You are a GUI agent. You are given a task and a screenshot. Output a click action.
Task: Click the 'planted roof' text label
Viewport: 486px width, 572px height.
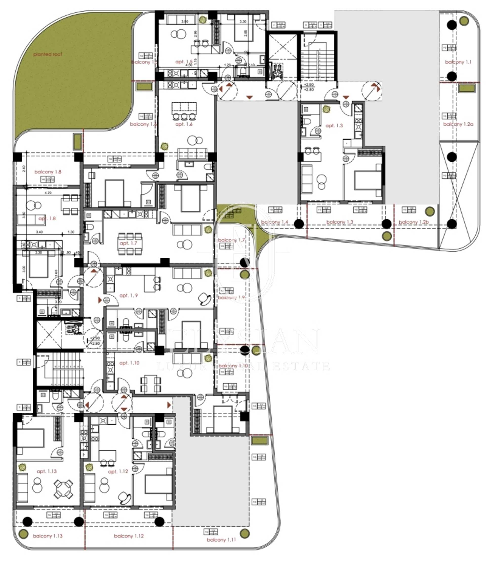pos(47,54)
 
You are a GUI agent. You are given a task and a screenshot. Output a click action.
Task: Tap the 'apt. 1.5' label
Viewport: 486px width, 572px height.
pos(184,62)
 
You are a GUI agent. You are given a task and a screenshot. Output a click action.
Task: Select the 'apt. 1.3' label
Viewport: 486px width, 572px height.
pos(334,125)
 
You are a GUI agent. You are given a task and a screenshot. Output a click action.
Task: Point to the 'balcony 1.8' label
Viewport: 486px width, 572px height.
pos(48,172)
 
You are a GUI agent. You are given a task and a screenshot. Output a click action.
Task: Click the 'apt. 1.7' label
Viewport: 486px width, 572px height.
pos(128,243)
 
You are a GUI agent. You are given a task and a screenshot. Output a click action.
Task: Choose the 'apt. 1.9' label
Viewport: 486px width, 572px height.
pos(128,295)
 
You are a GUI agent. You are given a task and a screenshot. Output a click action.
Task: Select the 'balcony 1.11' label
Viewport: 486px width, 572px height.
pos(221,540)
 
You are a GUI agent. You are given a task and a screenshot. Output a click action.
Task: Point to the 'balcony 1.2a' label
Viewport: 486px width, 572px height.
pos(458,124)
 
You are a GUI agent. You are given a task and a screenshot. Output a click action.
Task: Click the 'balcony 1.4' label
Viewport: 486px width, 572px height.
pos(274,222)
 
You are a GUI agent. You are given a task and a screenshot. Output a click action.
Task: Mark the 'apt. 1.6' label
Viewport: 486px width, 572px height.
pos(184,124)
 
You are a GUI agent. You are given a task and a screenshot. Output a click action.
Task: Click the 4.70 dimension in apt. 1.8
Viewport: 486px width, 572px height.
pos(48,193)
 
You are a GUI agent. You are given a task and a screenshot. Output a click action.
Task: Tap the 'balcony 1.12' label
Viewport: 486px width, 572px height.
pos(129,536)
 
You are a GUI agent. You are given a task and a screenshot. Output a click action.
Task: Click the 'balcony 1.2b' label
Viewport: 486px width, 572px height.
pos(414,222)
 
